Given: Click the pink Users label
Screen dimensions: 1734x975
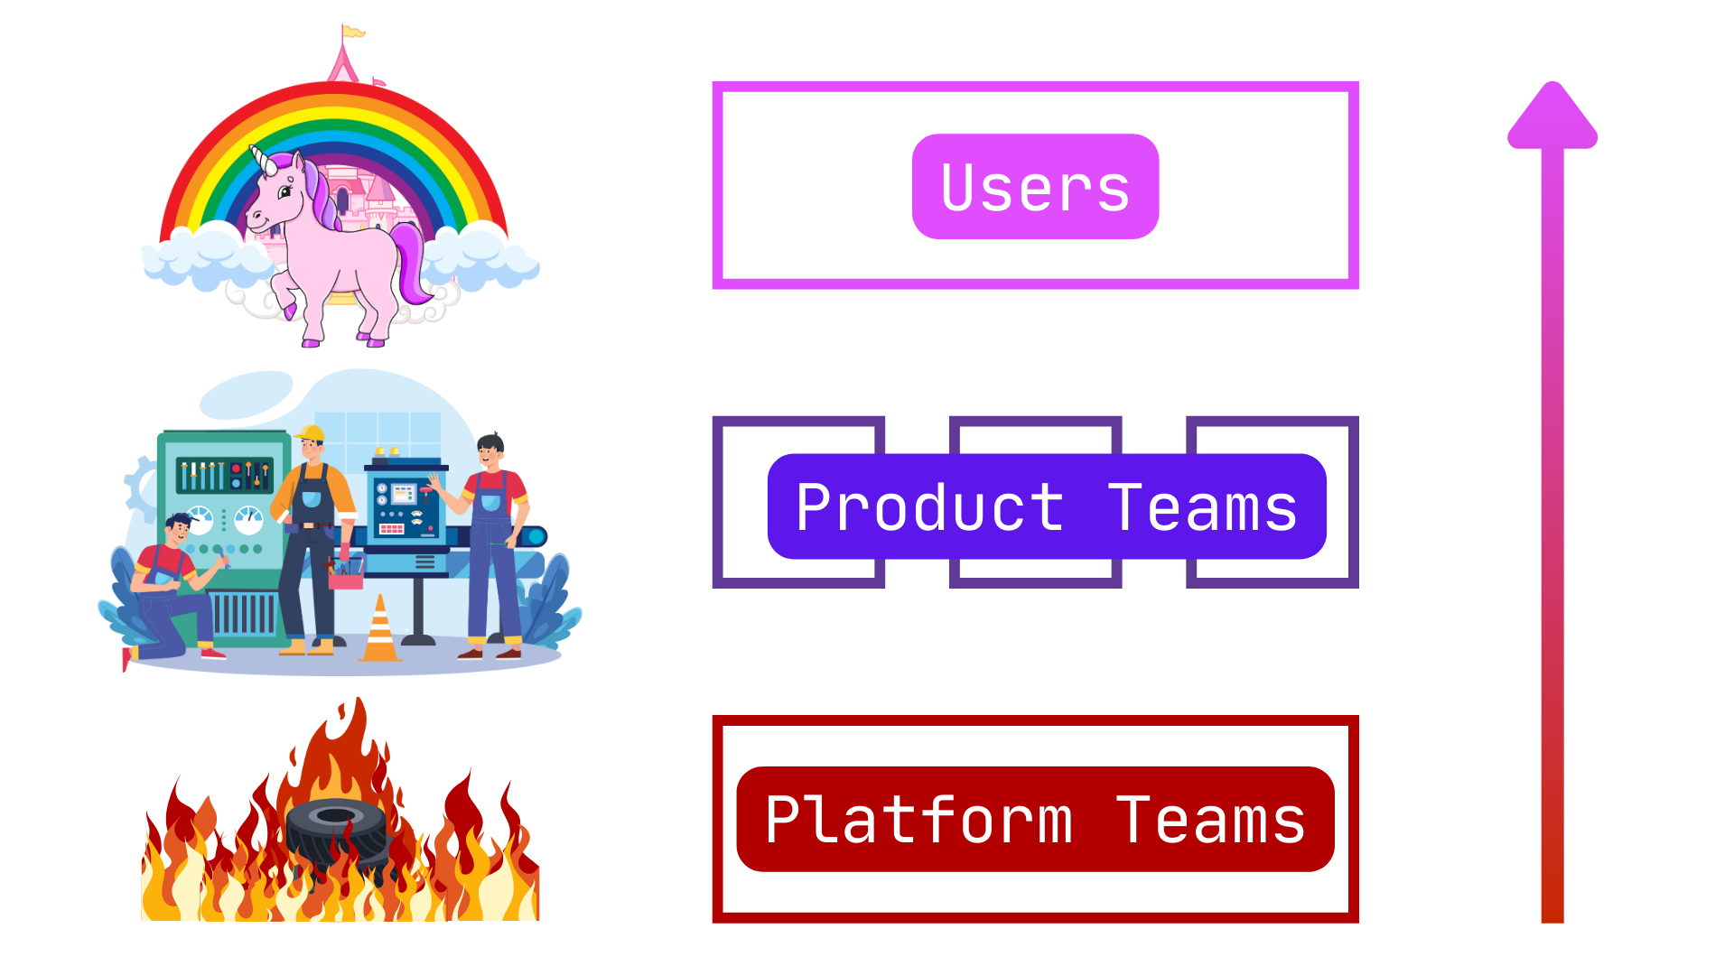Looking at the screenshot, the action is [1035, 187].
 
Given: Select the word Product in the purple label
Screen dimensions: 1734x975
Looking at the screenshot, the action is [930, 507].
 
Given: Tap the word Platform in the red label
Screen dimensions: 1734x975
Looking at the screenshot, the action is [919, 820].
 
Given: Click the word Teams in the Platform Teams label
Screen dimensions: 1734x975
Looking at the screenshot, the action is [1210, 820].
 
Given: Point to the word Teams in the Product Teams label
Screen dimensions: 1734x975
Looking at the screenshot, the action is [1203, 507].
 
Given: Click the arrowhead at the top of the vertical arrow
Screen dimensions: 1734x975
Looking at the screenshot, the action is [1552, 115].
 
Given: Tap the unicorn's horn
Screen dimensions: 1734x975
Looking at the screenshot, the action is [263, 160].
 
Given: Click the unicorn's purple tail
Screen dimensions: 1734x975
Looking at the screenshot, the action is [412, 261].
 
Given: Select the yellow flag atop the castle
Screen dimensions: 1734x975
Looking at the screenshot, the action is [353, 32].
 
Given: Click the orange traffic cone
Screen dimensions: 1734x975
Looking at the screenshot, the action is [380, 629].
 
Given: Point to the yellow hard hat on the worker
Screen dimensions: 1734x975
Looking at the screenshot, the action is [310, 433].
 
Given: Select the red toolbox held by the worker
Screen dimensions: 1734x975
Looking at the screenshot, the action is [345, 574].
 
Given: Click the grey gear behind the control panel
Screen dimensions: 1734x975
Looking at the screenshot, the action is [141, 487].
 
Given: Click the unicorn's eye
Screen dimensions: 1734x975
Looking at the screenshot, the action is [285, 191].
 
